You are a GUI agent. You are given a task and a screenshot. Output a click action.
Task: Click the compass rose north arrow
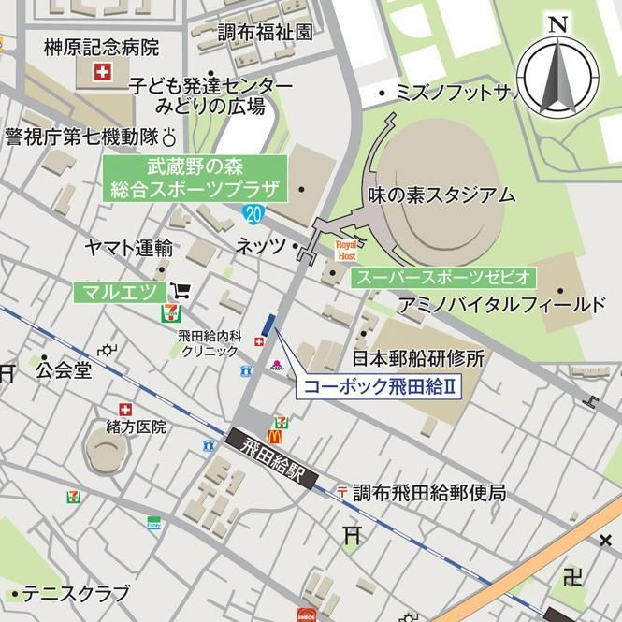point(559,74)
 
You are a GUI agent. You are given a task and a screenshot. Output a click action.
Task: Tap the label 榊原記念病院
point(102,47)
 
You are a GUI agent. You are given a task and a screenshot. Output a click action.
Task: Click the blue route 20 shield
point(254,214)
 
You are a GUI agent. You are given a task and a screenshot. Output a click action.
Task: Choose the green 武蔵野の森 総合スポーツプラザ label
point(195,179)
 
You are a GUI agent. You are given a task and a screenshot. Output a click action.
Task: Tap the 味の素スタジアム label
point(441,195)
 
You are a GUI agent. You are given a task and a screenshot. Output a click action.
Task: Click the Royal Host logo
point(346,250)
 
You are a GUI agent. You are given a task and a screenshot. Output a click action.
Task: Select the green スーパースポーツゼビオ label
point(443,278)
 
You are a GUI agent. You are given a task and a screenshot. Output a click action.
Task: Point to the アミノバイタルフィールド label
point(502,305)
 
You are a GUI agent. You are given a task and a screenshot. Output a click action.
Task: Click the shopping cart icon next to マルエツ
point(181,291)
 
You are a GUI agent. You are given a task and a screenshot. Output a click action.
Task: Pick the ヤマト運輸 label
point(128,248)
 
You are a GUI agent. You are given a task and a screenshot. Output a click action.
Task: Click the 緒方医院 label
point(136,427)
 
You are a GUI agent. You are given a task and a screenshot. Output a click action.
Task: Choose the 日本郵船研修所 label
point(418,358)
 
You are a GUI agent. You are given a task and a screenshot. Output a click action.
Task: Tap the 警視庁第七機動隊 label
point(82,137)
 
